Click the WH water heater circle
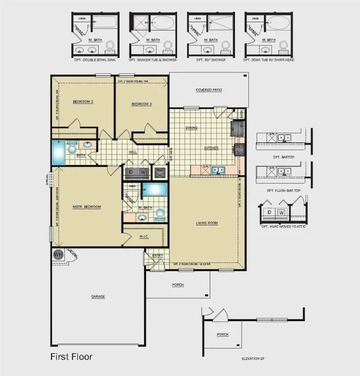click(x=58, y=255)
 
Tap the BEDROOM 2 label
click(x=83, y=102)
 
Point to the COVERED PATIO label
click(x=209, y=90)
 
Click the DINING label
click(x=191, y=128)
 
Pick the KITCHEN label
click(x=211, y=148)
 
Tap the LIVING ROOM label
click(x=207, y=223)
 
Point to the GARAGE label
click(x=98, y=296)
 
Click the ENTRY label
click(x=157, y=256)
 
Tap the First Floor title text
click(x=71, y=357)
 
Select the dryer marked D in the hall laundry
click(x=131, y=172)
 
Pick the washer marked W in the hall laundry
click(x=143, y=172)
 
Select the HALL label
click(x=133, y=152)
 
